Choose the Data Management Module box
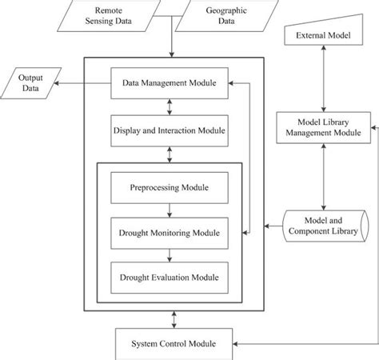point(169,82)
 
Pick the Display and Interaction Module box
point(169,130)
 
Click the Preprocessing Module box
point(169,188)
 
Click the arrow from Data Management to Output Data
point(89,83)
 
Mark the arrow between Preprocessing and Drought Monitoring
point(169,210)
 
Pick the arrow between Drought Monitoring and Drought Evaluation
point(169,255)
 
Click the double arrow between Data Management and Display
point(169,106)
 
